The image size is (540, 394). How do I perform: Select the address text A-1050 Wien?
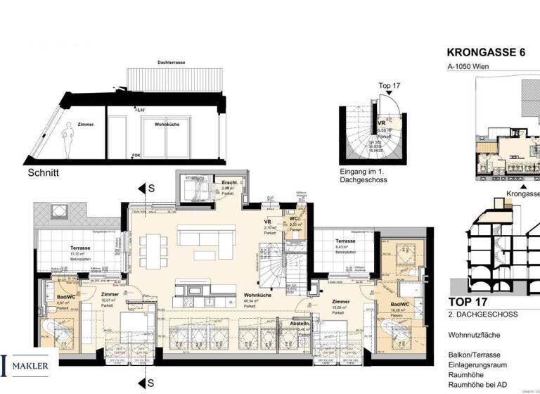(x=470, y=67)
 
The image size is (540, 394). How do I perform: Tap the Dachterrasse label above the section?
(x=172, y=63)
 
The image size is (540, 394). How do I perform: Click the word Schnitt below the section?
(x=44, y=171)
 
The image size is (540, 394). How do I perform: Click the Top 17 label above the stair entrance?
(x=390, y=86)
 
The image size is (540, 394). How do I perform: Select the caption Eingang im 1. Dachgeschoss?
(x=359, y=175)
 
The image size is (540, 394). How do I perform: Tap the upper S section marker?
(x=150, y=188)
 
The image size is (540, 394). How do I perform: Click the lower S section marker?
(x=150, y=383)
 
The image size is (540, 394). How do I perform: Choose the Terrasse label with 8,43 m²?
(x=345, y=241)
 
